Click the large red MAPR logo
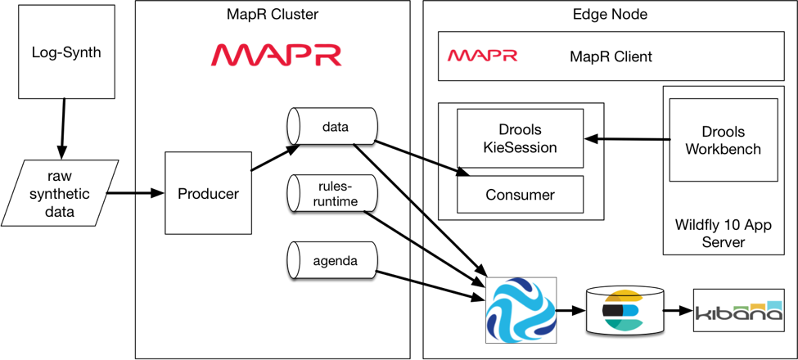click(276, 55)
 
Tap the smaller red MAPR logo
click(482, 55)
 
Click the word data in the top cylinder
click(336, 127)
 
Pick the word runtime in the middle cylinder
click(336, 200)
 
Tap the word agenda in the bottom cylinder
click(336, 262)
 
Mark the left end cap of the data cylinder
click(291, 127)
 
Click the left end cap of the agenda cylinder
click(291, 261)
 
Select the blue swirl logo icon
click(521, 310)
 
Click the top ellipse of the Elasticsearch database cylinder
click(624, 291)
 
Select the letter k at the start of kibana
click(701, 313)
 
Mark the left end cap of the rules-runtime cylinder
click(291, 193)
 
